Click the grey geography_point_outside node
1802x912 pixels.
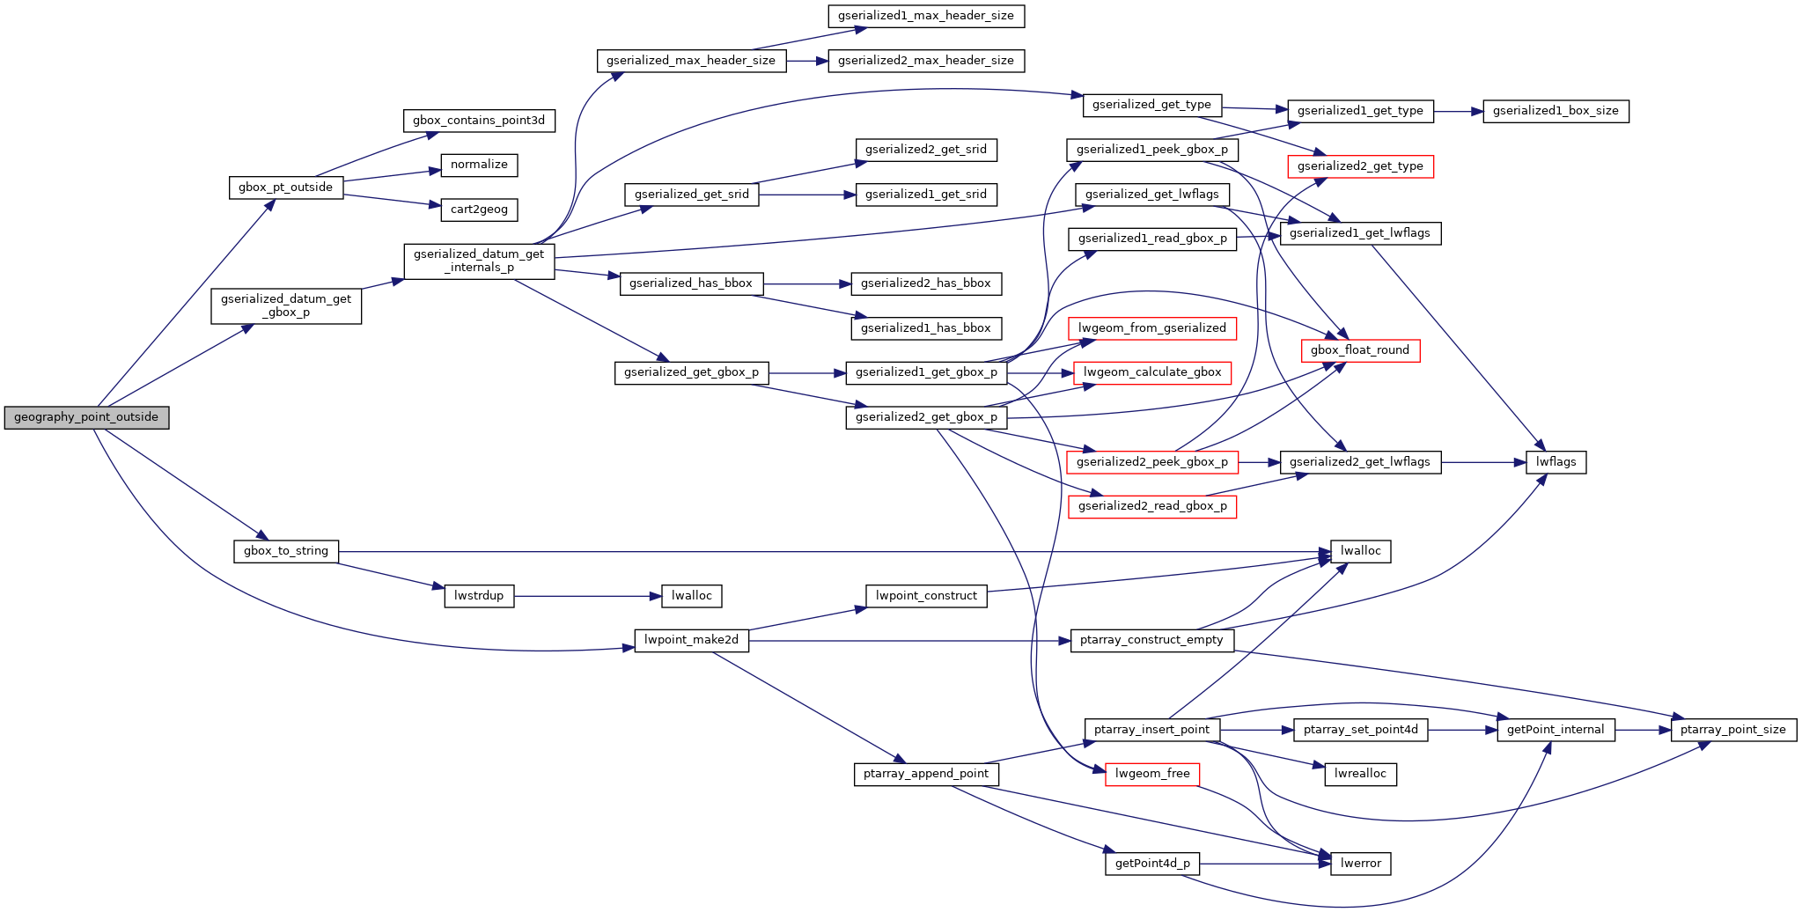[86, 417]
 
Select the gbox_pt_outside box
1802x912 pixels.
[285, 188]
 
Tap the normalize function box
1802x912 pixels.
[479, 165]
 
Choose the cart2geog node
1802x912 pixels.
[479, 210]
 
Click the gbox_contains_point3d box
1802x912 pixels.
[479, 121]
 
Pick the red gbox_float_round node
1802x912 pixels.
[1360, 350]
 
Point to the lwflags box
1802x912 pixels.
[1556, 462]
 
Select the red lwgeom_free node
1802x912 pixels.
[1151, 774]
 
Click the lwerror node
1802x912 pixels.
[1360, 864]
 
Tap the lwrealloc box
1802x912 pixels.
[1360, 774]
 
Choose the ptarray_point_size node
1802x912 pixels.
[1732, 730]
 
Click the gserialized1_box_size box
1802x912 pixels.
[1556, 112]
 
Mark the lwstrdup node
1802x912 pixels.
[479, 596]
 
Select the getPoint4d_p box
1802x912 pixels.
[1151, 864]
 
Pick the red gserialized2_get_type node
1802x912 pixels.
[1360, 166]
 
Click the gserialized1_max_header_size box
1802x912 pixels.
[926, 16]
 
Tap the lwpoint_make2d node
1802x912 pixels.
[691, 640]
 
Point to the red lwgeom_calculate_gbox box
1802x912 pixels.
[1151, 372]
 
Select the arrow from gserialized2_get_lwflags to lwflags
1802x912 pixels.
[1483, 462]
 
